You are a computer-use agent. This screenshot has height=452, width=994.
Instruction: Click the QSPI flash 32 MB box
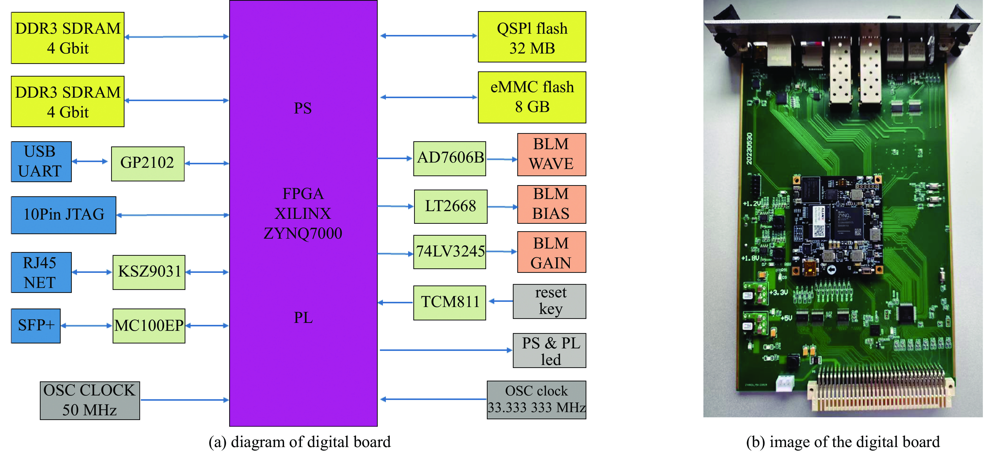532,37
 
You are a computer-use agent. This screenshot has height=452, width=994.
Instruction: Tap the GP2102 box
148,163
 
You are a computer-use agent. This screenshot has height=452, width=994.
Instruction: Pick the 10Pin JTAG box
64,215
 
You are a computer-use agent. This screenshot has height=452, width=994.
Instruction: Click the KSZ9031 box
149,272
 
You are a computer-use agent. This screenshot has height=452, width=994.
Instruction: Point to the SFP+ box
36,326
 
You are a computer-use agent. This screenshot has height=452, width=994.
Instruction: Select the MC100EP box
149,326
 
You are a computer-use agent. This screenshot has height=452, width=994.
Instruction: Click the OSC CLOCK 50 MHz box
90,400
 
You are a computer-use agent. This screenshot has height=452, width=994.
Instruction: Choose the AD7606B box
449,158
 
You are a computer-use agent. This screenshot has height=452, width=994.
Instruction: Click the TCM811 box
449,303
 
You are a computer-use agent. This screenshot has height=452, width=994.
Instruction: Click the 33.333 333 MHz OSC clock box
536,400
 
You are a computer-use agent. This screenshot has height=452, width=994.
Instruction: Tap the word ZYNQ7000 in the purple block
303,234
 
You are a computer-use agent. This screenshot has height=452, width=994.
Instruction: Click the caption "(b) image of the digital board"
843,442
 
